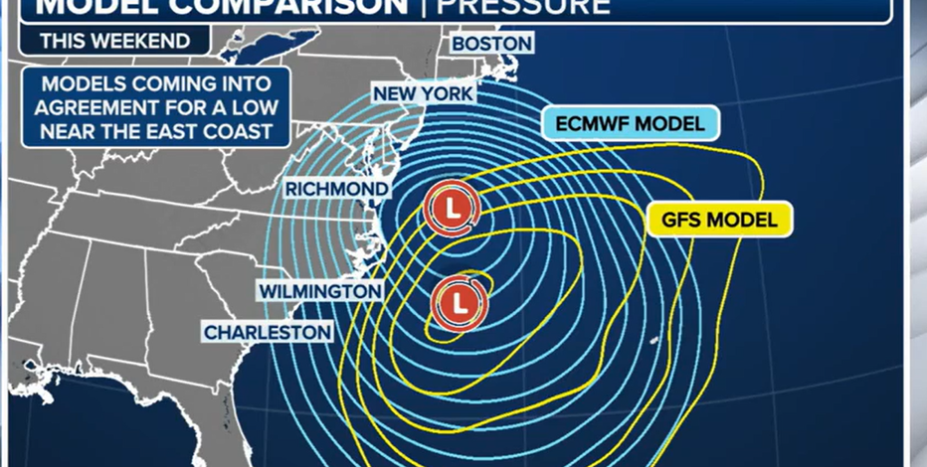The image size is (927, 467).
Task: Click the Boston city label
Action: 491,44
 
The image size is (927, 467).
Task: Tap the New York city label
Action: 423,94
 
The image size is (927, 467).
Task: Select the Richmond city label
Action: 336,189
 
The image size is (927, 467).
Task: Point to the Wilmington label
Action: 320,291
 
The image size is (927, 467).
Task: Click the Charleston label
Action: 268,332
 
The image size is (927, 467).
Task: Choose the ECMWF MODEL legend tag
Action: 631,124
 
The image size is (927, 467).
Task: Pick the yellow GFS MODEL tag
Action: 720,220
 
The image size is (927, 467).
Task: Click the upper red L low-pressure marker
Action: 452,209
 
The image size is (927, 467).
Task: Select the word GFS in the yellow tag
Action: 677,220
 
